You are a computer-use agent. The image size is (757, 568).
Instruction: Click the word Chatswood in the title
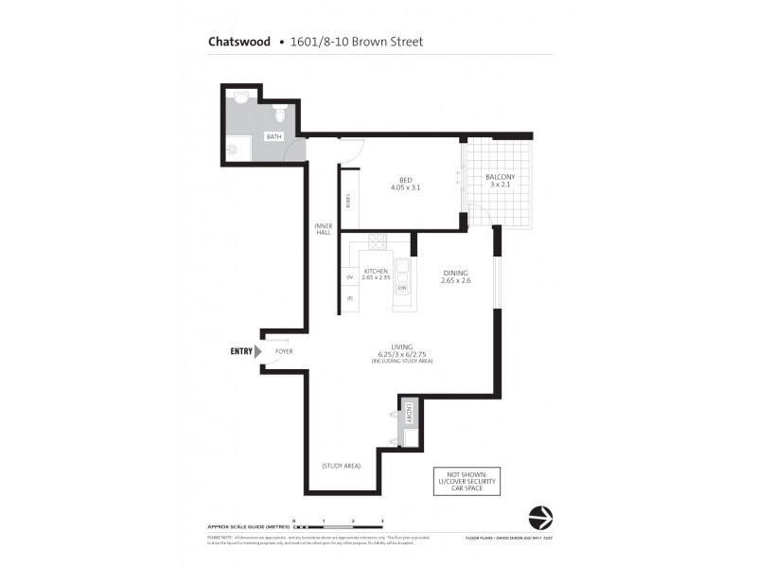pyautogui.click(x=238, y=42)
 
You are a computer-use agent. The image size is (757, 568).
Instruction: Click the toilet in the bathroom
pyautogui.click(x=280, y=115)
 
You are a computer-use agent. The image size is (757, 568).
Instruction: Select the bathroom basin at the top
pyautogui.click(x=240, y=97)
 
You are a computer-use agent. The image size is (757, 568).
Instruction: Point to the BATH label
pyautogui.click(x=273, y=137)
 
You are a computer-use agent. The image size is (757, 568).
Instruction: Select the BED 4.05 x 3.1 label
pyautogui.click(x=404, y=184)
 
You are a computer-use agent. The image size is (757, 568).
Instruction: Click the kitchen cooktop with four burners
pyautogui.click(x=378, y=241)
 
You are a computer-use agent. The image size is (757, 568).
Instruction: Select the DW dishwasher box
pyautogui.click(x=402, y=288)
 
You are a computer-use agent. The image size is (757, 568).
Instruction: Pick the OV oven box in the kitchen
pyautogui.click(x=349, y=276)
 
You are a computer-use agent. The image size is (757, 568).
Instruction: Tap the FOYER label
pyautogui.click(x=284, y=351)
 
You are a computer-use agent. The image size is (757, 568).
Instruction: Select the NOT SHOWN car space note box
pyautogui.click(x=465, y=481)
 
